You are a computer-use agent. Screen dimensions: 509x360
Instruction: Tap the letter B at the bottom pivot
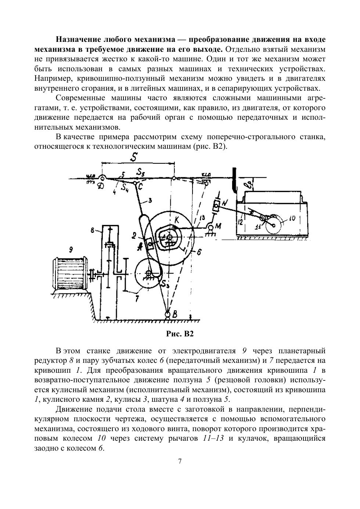tap(175, 314)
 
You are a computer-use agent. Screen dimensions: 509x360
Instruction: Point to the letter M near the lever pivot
tap(218, 226)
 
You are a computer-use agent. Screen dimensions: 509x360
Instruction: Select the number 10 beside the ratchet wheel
tap(292, 218)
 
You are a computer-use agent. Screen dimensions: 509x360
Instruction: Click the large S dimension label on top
tap(136, 157)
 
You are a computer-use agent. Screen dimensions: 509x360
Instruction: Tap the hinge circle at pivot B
tap(168, 314)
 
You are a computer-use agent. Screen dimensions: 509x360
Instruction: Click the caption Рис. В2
tap(180, 334)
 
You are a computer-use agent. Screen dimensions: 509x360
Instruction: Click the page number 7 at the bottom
tap(180, 462)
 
